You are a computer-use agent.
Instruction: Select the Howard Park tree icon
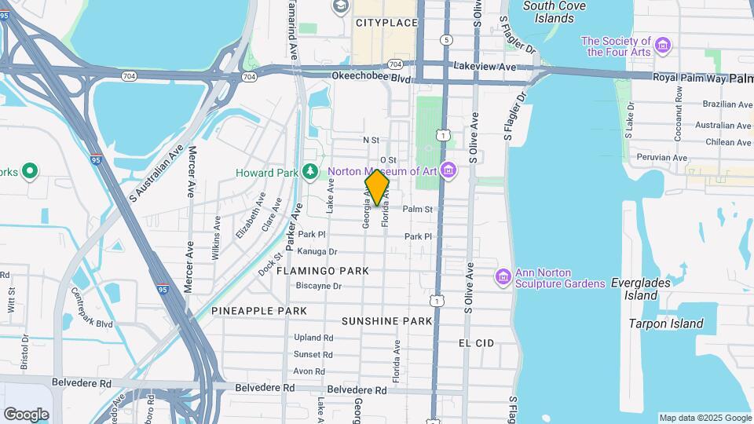(311, 171)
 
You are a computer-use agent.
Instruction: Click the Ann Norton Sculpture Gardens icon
(503, 277)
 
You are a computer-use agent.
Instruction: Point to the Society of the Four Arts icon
(664, 46)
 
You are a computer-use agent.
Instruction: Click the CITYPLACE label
(386, 23)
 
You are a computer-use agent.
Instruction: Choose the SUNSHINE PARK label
(387, 321)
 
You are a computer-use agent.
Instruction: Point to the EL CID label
(476, 343)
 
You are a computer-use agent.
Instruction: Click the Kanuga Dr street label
(317, 252)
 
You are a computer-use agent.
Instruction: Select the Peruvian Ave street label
(663, 158)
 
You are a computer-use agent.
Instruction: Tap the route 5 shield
(446, 39)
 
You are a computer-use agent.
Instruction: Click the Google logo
(26, 414)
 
